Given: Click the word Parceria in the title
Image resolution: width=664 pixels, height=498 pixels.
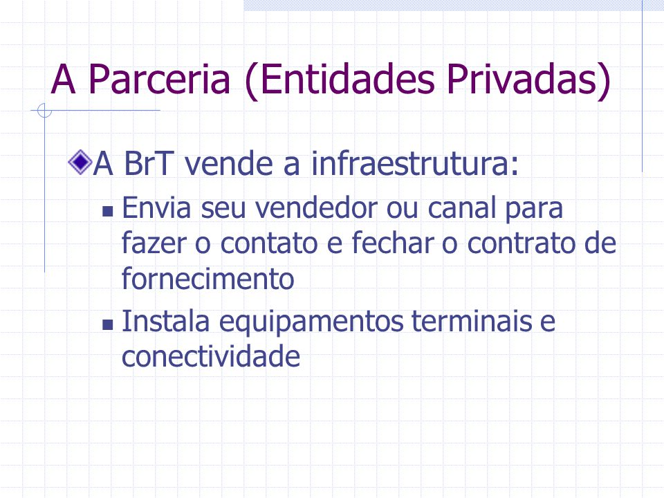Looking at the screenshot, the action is (160, 79).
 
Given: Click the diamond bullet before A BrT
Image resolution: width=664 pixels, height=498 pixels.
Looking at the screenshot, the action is (80, 162).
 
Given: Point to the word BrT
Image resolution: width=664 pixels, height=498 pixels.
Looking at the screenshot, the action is (148, 163).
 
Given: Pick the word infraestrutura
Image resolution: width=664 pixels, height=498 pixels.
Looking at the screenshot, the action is (415, 163).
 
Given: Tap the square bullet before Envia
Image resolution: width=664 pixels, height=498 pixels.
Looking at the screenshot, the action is (108, 211).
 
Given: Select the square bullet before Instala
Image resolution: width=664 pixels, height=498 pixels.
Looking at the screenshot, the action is (108, 324).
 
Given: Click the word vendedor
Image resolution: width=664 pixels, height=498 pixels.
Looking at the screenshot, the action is (316, 208).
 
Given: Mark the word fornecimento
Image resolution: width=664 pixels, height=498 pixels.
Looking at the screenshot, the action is (208, 278).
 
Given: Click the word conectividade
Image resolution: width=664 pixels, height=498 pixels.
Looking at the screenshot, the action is (211, 356).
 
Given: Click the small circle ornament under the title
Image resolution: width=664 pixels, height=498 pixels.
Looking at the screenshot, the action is (44, 111).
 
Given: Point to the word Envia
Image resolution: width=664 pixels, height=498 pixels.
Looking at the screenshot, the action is (156, 208).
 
